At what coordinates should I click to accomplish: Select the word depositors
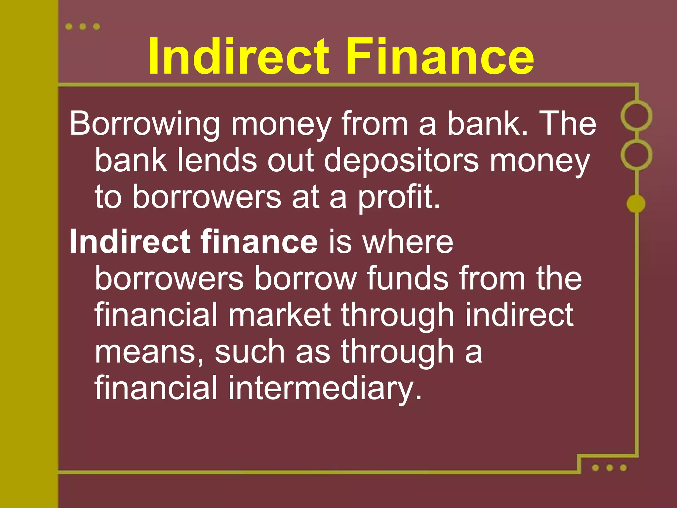tap(401, 161)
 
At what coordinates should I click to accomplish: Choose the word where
tap(408, 242)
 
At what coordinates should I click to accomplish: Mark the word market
tap(279, 315)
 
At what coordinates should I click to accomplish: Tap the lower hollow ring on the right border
tap(636, 154)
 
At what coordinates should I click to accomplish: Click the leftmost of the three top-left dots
tap(69, 26)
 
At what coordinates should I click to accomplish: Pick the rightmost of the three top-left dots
tap(97, 26)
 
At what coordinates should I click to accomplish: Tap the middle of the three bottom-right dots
tap(610, 468)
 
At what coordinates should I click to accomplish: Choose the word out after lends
tap(291, 160)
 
